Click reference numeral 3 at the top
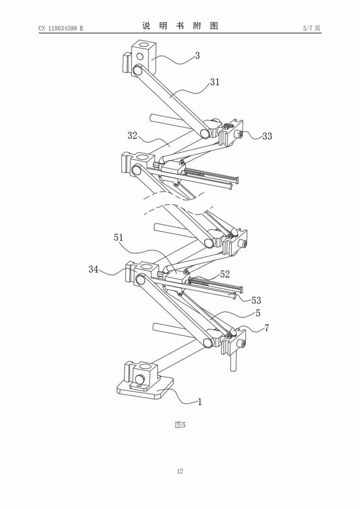click(x=197, y=56)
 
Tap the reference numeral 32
click(x=132, y=136)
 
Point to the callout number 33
click(x=267, y=136)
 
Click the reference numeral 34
click(x=94, y=270)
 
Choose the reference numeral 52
click(x=225, y=274)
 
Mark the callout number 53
click(x=256, y=300)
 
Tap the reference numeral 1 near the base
click(x=200, y=402)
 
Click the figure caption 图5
click(x=180, y=424)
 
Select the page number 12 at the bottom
click(x=180, y=471)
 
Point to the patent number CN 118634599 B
click(x=61, y=28)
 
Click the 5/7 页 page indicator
click(x=312, y=28)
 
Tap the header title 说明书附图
click(x=180, y=26)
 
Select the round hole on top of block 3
click(x=144, y=45)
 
